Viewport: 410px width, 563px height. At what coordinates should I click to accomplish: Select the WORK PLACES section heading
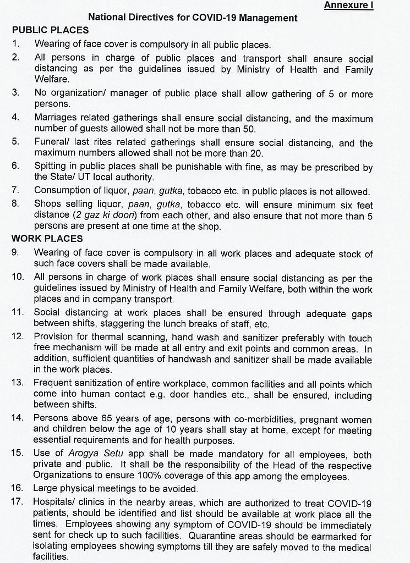(47, 239)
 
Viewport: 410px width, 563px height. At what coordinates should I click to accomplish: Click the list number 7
(16, 190)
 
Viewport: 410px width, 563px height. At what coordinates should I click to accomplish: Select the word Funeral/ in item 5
(51, 142)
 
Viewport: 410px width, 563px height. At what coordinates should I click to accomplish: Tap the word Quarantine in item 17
(215, 537)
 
